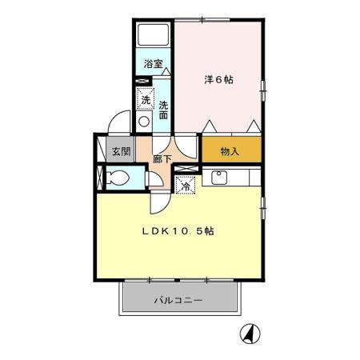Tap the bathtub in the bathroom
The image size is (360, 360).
pyautogui.click(x=153, y=37)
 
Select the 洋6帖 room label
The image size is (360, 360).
pyautogui.click(x=218, y=79)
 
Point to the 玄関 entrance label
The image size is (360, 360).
pyautogui.click(x=121, y=150)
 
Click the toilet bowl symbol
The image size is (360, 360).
pyautogui.click(x=116, y=179)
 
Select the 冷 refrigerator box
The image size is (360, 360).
pyautogui.click(x=186, y=186)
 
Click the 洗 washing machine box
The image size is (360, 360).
pyautogui.click(x=145, y=102)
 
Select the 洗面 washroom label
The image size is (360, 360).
pyautogui.click(x=162, y=110)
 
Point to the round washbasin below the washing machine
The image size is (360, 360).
pyautogui.click(x=144, y=122)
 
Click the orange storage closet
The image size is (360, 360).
pyautogui.click(x=231, y=150)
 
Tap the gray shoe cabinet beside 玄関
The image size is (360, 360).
pyautogui.click(x=103, y=150)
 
